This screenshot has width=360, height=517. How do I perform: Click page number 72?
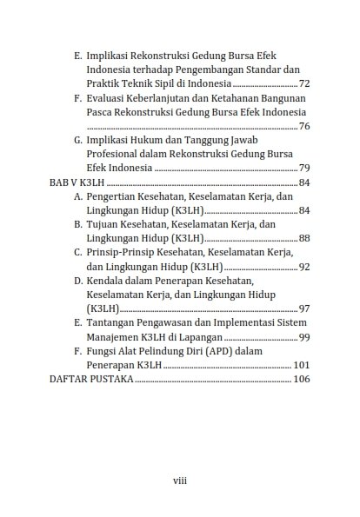[303, 83]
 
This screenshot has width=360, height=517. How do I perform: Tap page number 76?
[303, 126]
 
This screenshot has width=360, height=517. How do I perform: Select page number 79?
[303, 168]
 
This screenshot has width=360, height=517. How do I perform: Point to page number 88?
[303, 238]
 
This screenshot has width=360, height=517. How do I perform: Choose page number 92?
[303, 267]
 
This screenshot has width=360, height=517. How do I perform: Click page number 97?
[303, 308]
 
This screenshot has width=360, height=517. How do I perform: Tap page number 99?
[303, 337]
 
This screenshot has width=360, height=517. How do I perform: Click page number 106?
[301, 380]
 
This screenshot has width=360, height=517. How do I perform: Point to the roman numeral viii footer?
[179, 479]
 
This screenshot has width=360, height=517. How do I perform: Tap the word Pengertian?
[115, 196]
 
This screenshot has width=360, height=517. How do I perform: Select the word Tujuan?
[103, 224]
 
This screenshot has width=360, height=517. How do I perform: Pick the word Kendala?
[107, 281]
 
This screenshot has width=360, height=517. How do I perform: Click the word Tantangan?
[113, 322]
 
